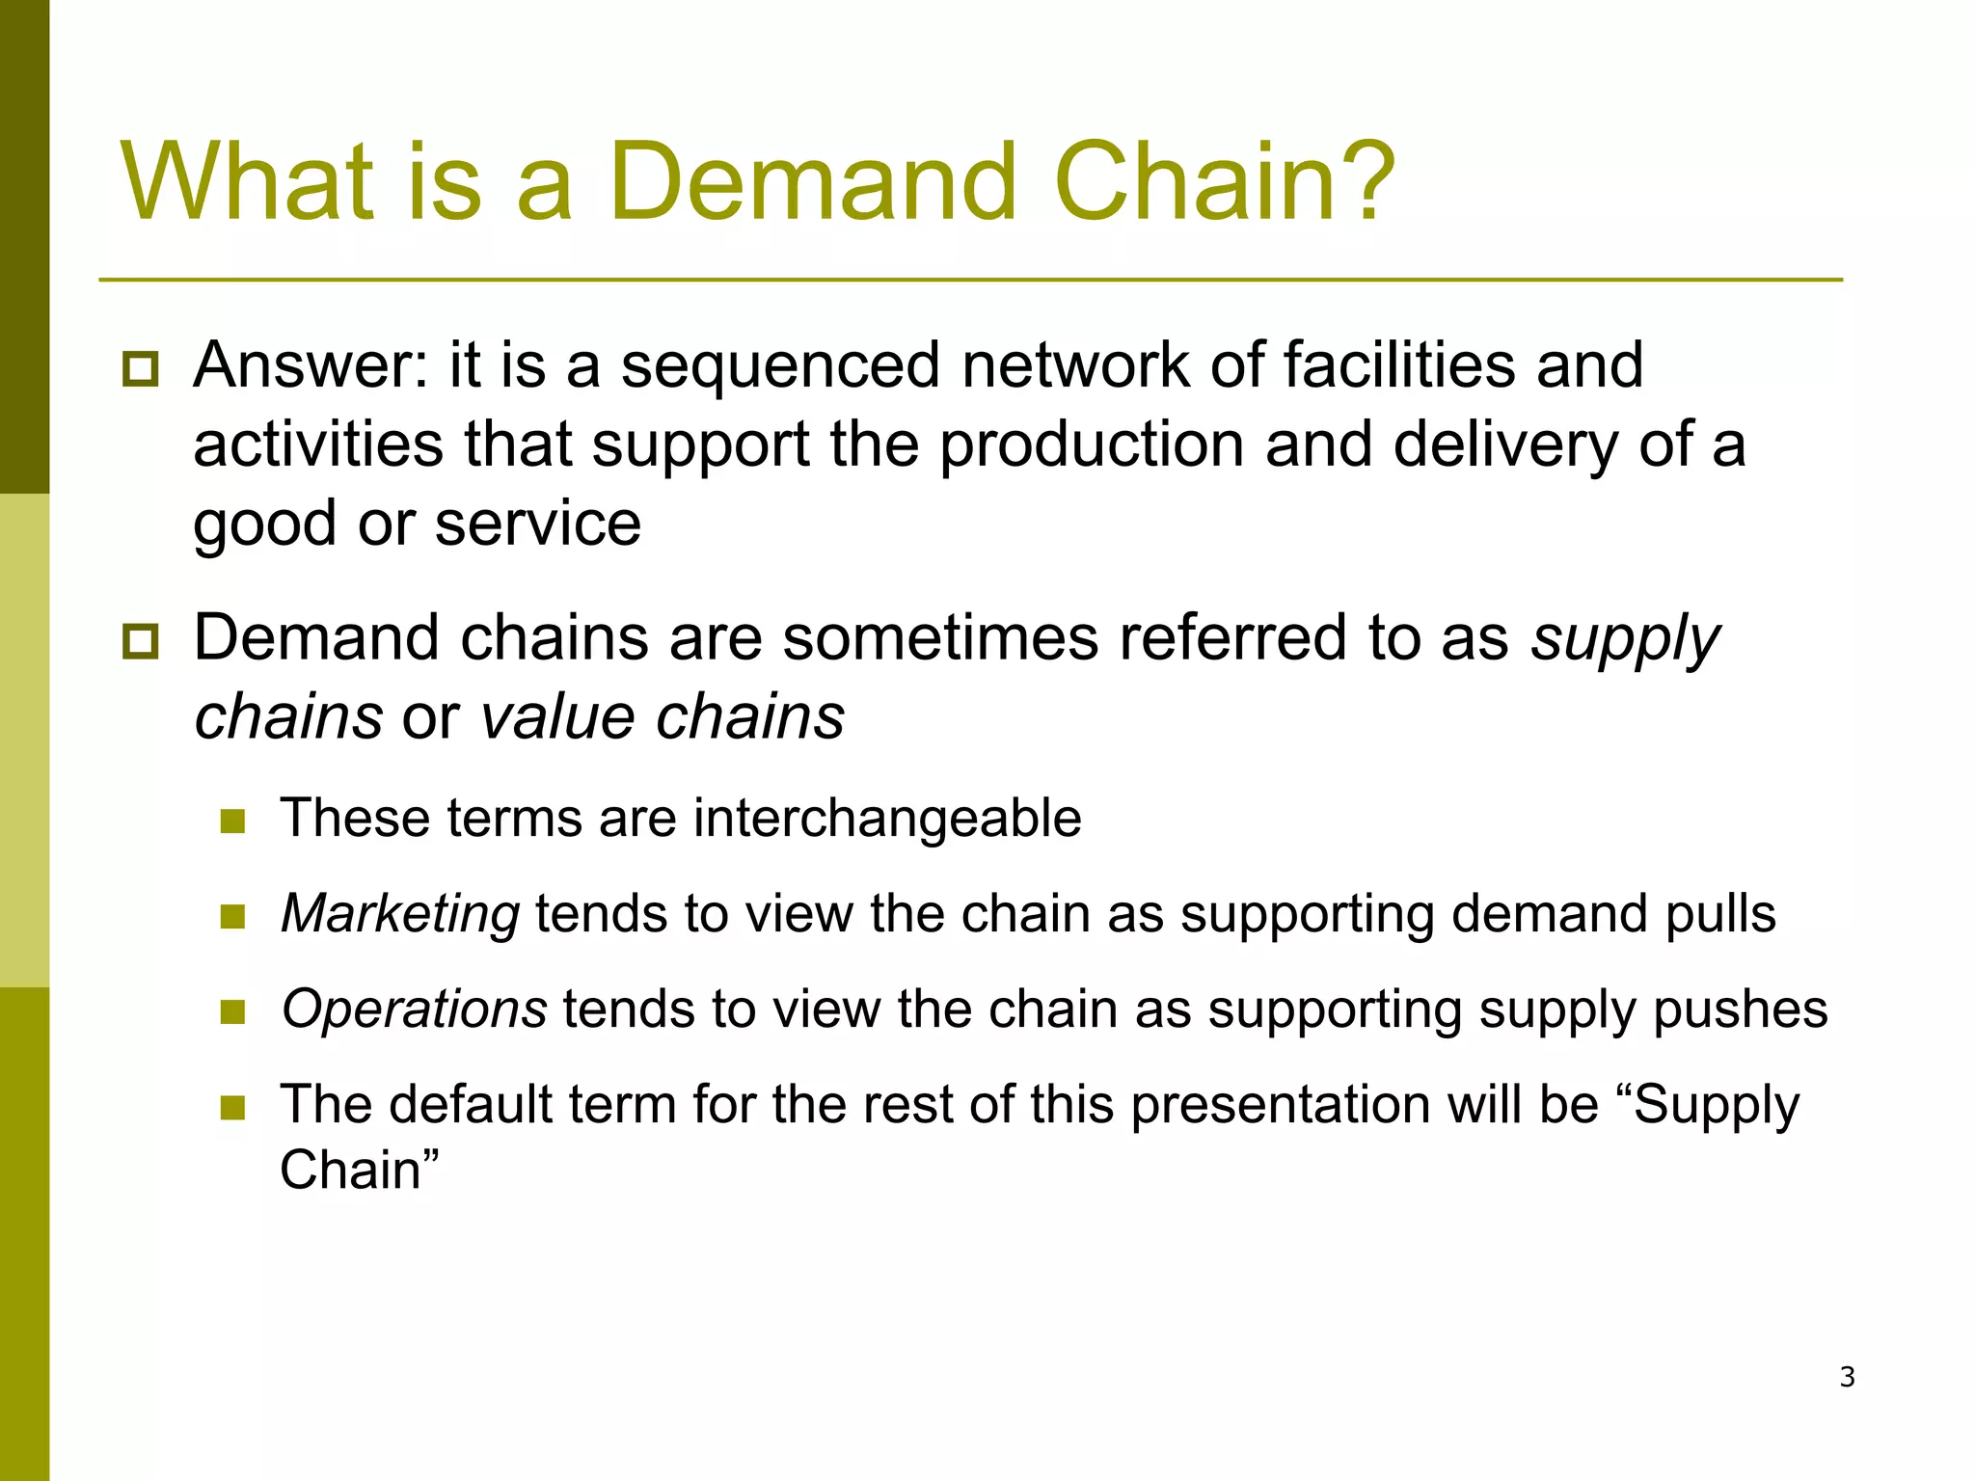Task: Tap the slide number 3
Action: [1847, 1377]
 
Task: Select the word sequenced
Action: [779, 365]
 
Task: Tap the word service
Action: [537, 524]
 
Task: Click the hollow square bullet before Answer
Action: [141, 370]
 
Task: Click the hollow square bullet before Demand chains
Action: [141, 642]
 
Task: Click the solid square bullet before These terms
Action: [233, 821]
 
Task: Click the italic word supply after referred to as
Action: [1625, 639]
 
